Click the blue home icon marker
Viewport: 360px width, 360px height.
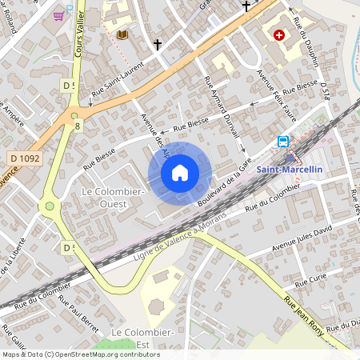coord(180,172)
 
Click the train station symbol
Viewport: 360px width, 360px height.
coord(283,142)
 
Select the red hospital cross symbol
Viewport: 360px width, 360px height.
coord(279,35)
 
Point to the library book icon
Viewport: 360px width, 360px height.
coord(122,34)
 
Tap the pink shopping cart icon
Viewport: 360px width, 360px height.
coord(59,14)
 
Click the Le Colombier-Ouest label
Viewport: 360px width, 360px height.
coord(112,198)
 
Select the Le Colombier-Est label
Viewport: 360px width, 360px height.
coord(143,337)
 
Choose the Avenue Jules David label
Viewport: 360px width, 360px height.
coord(302,237)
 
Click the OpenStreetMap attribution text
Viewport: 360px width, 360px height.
coord(81,354)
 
